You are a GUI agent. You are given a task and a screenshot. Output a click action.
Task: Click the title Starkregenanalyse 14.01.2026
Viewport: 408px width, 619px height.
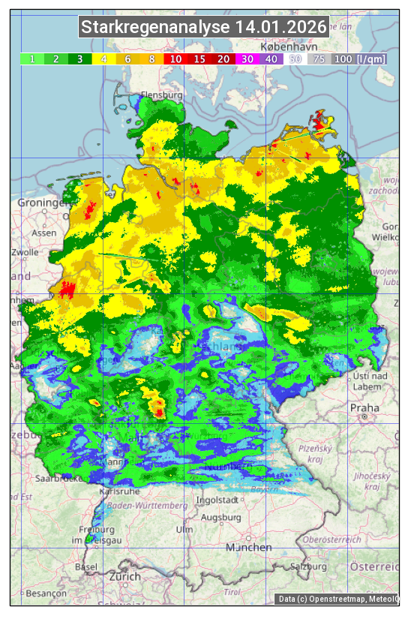pyautogui.click(x=204, y=28)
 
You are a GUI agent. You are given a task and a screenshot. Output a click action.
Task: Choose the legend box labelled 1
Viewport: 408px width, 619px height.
pyautogui.click(x=32, y=59)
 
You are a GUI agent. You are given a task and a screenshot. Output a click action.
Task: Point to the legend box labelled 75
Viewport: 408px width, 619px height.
pyautogui.click(x=318, y=59)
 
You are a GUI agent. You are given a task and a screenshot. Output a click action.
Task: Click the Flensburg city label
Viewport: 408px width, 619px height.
pyautogui.click(x=162, y=96)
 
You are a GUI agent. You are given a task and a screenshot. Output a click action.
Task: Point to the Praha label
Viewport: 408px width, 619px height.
pyautogui.click(x=364, y=408)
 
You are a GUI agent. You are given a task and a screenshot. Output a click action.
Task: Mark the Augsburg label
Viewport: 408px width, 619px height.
pyautogui.click(x=221, y=517)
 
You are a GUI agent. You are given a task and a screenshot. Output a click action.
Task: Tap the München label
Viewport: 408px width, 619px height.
pyautogui.click(x=249, y=548)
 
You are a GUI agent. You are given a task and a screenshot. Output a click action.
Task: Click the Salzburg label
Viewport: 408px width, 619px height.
pyautogui.click(x=309, y=566)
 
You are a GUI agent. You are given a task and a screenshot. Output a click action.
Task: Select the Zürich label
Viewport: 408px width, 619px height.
pyautogui.click(x=124, y=576)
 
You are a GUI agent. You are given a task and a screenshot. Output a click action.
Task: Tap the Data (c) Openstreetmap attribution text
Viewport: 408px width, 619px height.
pyautogui.click(x=337, y=599)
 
